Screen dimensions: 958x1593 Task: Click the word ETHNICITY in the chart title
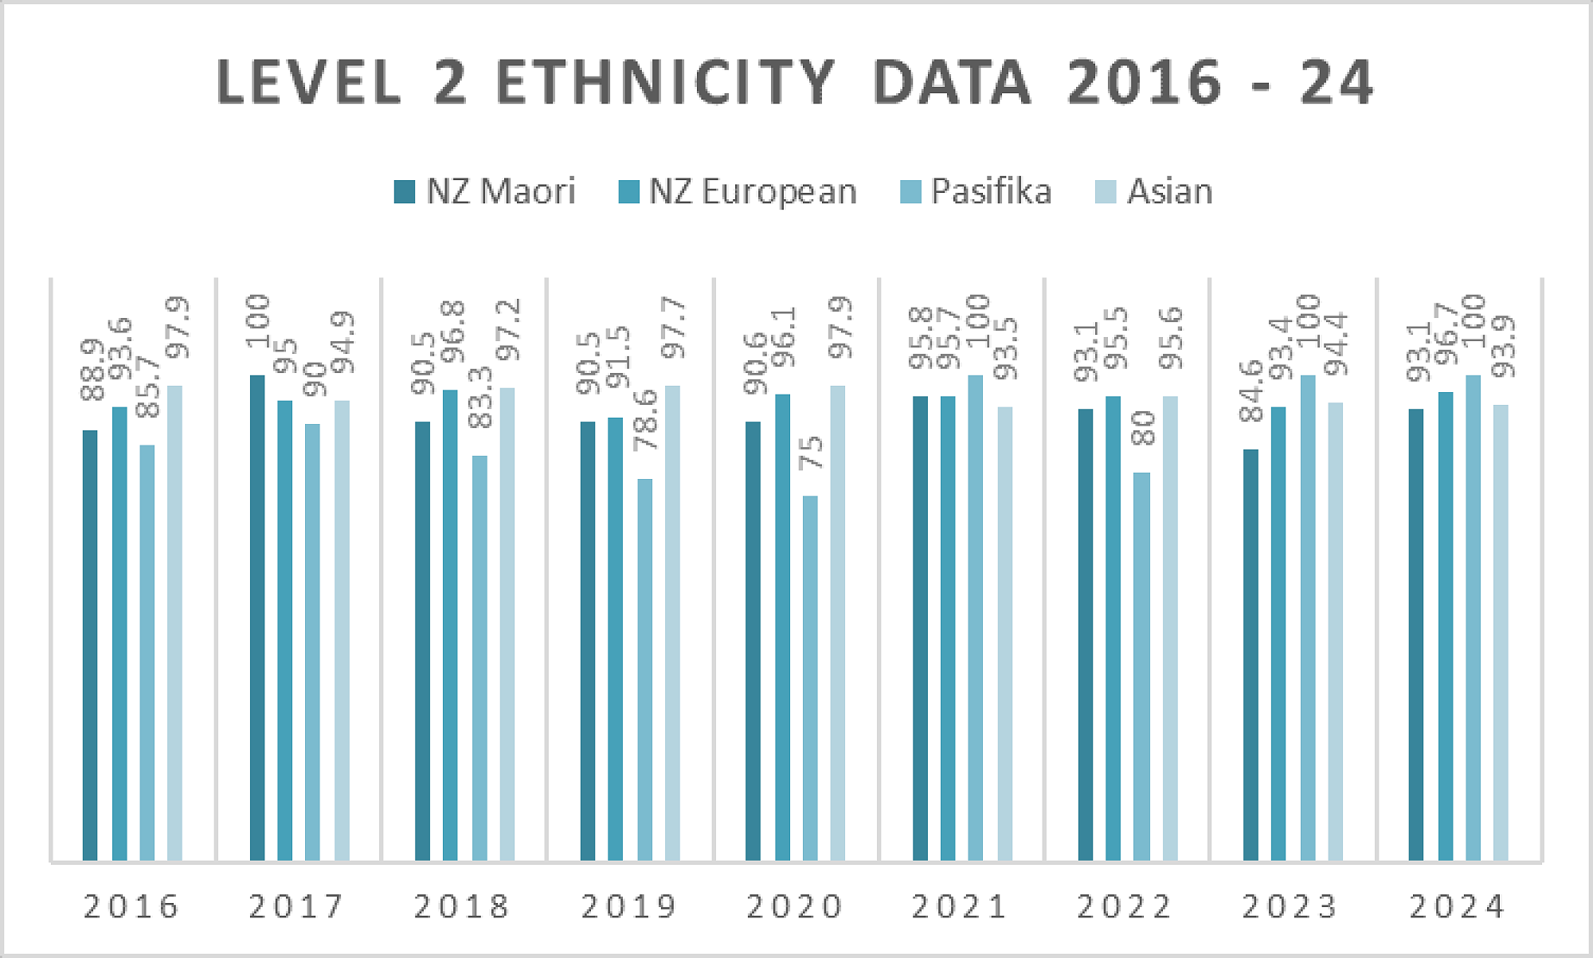coord(665,82)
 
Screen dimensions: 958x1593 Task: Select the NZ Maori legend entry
coord(484,192)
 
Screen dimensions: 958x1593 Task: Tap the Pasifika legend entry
coord(976,192)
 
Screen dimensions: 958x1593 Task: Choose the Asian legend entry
coord(1154,192)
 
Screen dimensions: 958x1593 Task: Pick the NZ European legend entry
coord(738,192)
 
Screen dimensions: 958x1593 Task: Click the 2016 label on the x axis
coord(132,906)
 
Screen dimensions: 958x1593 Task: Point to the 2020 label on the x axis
coord(795,906)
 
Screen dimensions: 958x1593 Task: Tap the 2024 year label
coord(1458,906)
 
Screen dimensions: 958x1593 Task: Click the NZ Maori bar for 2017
coord(257,618)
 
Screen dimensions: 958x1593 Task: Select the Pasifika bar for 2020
coord(810,677)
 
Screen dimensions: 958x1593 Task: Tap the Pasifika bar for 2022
coord(1141,666)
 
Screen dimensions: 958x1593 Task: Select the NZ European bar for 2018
coord(450,626)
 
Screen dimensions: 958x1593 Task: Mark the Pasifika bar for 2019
coord(644,669)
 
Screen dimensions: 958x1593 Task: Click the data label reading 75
coord(811,453)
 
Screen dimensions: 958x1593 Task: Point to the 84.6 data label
coord(1251,391)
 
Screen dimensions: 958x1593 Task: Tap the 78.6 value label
coord(645,420)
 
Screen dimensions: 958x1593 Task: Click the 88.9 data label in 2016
coord(92,370)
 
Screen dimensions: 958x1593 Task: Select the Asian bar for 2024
coord(1501,633)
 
